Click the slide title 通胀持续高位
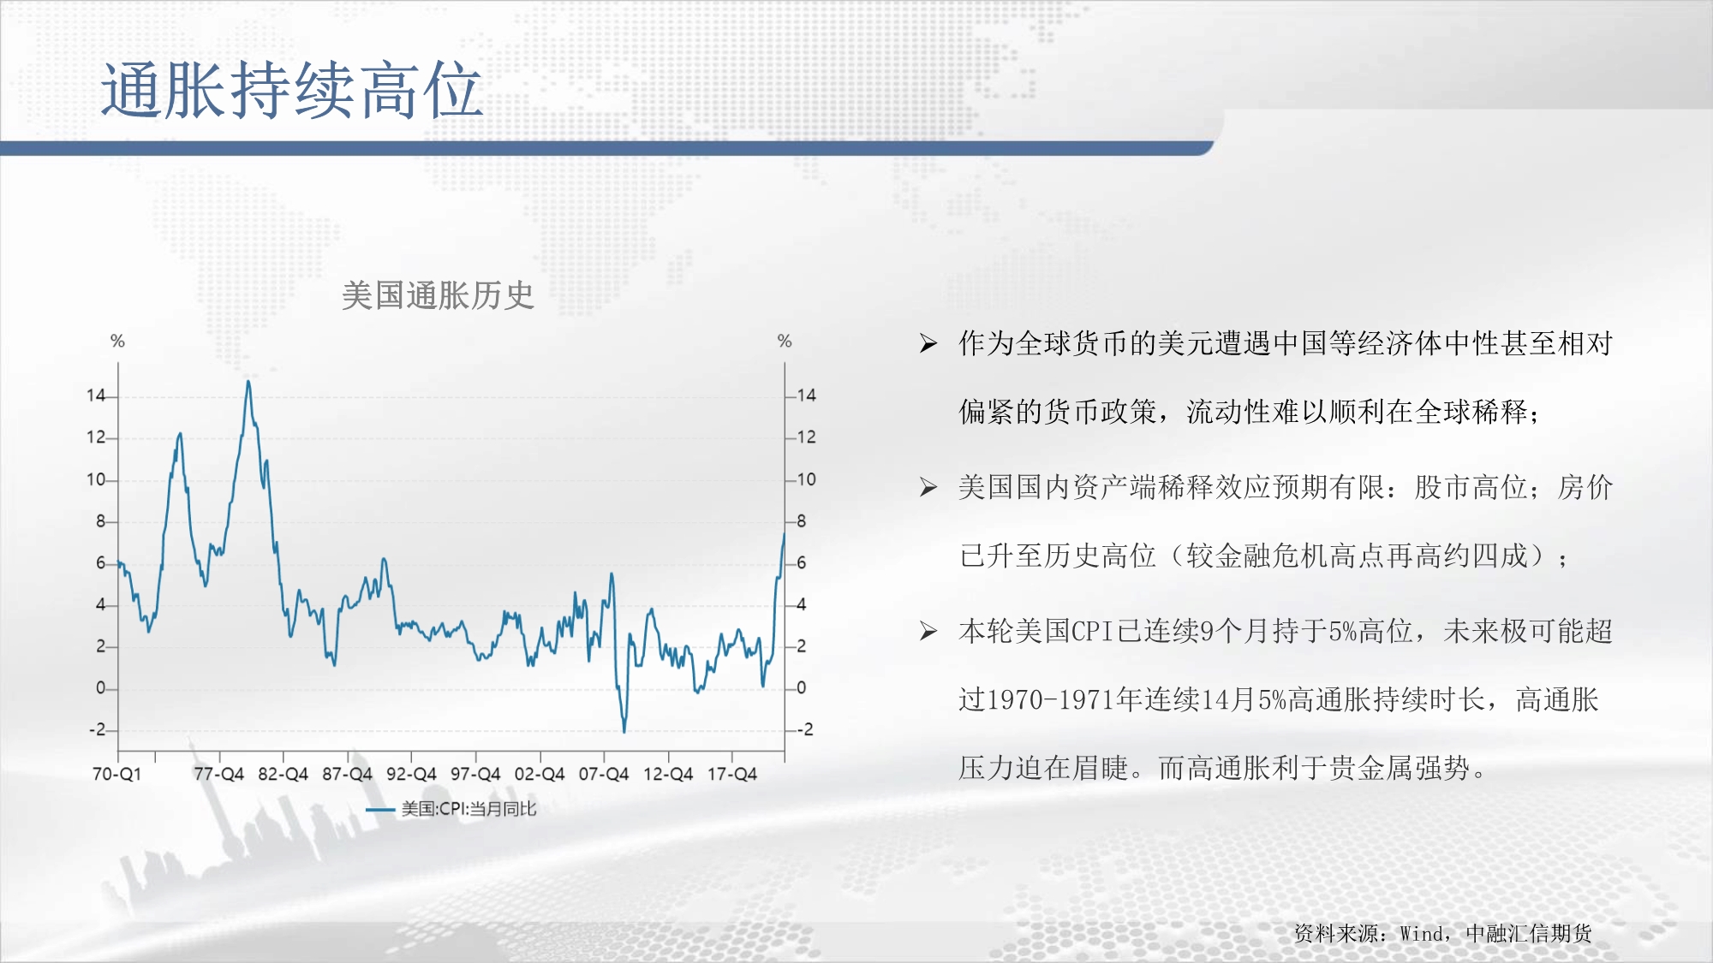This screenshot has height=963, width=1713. coord(291,90)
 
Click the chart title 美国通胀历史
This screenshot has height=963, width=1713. coord(438,296)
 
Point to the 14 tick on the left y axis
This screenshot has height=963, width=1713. coord(95,395)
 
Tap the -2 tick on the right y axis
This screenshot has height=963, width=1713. coord(805,730)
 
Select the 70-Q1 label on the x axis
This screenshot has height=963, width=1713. coord(116,774)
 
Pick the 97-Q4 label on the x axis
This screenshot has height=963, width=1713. coord(475,774)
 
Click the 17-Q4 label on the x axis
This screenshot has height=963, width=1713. coord(732,774)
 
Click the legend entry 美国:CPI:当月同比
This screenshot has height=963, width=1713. coord(451,809)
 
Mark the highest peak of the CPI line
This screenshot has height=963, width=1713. coord(248,382)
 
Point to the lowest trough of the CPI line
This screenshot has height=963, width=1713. coord(624,730)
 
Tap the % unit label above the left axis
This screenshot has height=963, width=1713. coord(118,342)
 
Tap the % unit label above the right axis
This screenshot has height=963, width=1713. coord(785,342)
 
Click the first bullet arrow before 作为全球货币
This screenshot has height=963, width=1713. coord(928,344)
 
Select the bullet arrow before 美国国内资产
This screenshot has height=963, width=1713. coord(928,488)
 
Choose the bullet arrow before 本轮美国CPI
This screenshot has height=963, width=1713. coord(928,632)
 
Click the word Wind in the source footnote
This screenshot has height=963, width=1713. coord(1421,934)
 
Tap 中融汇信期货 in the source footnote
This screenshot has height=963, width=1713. coord(1529,933)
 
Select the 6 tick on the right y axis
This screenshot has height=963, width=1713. coord(802,563)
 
